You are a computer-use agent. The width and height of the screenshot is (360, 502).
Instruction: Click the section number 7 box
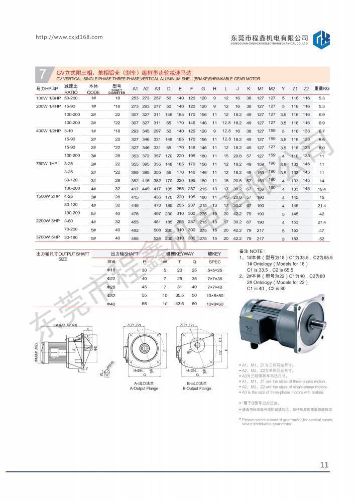point(42,74)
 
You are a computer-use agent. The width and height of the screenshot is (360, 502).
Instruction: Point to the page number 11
point(323,464)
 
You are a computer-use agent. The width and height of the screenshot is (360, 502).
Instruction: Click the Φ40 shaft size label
point(111,304)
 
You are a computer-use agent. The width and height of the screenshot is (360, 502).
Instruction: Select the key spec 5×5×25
point(214,270)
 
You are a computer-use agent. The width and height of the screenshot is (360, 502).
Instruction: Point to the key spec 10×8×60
point(214,304)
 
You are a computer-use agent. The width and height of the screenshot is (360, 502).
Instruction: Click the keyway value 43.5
point(179,304)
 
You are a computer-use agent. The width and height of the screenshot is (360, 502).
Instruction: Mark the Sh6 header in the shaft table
point(111,262)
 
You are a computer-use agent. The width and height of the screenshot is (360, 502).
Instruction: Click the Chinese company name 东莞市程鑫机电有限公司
point(269,38)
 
